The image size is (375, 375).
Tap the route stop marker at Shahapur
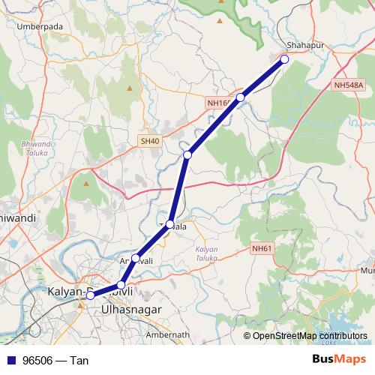(x=284, y=58)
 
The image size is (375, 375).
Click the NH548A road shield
(x=348, y=85)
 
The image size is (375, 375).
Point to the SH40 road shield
(x=149, y=140)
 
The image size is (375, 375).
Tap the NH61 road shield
(x=261, y=248)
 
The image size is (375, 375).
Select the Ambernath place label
(x=166, y=334)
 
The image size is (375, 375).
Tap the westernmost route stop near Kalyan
(x=90, y=295)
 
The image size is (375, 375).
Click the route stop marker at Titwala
(x=170, y=224)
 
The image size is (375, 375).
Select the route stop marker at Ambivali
(x=136, y=259)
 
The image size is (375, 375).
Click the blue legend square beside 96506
(x=10, y=361)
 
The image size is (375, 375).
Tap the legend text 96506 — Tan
(x=55, y=361)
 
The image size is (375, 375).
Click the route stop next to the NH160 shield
(x=241, y=97)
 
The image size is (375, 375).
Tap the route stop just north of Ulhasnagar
(x=121, y=285)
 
